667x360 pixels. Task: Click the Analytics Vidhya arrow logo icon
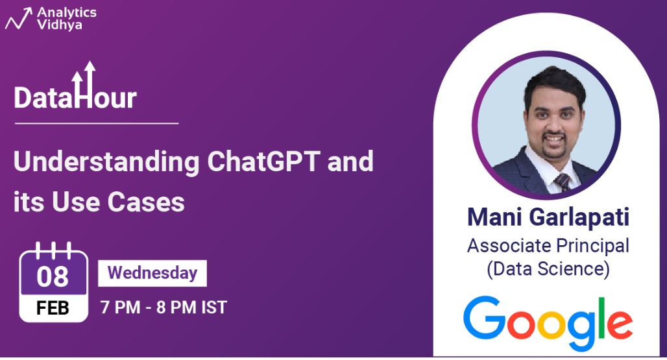[18, 19]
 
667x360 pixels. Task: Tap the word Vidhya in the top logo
[59, 25]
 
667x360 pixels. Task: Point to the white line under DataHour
[97, 123]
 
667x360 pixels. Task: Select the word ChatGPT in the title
[263, 162]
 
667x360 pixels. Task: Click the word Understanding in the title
[106, 163]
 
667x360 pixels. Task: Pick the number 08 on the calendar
[53, 277]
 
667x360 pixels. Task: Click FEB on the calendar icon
[53, 307]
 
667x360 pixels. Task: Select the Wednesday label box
[152, 273]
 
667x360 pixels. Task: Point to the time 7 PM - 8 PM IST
[164, 307]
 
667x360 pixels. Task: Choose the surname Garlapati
[579, 218]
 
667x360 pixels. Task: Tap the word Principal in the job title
[592, 246]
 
